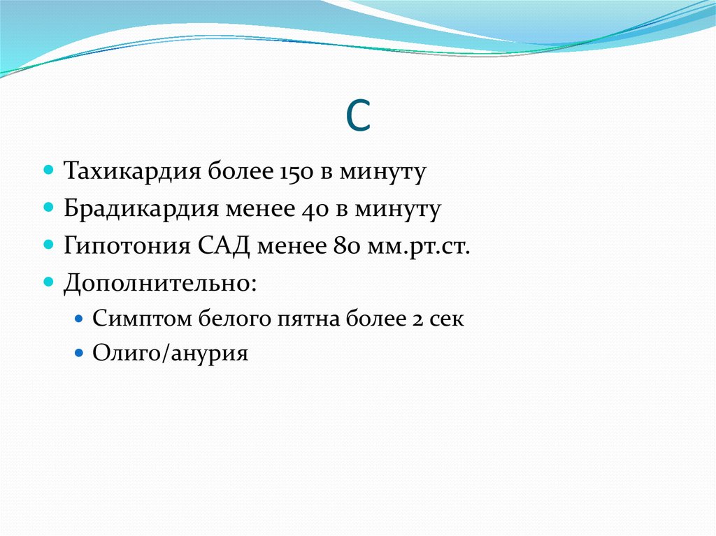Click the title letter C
click(358, 118)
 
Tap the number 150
click(286, 172)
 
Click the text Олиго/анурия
click(171, 354)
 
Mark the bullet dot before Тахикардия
click(49, 171)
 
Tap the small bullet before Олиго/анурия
click(79, 352)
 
